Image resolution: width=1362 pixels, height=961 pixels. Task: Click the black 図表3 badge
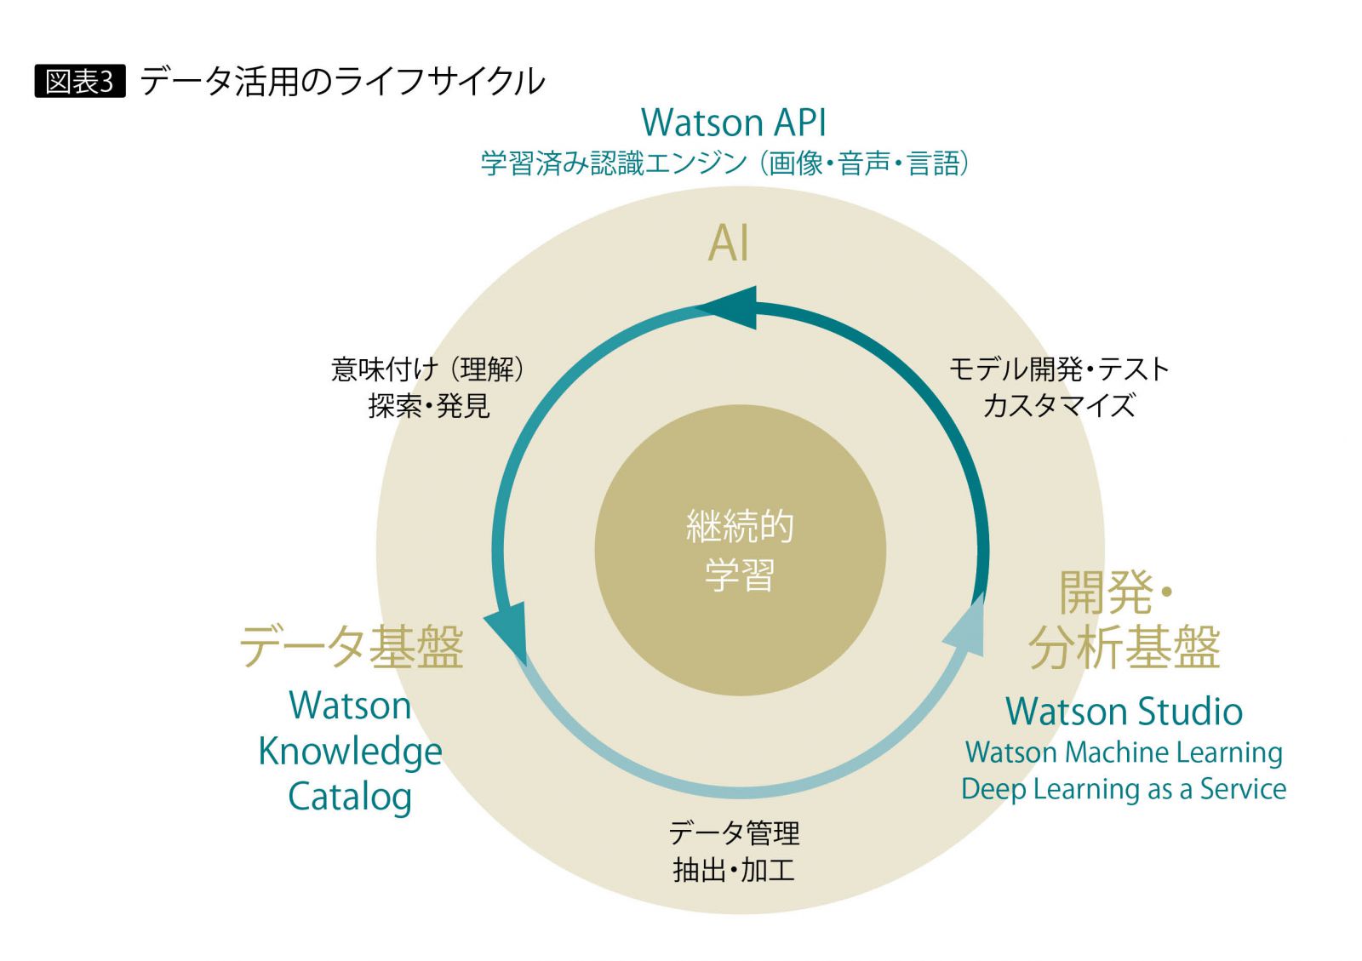point(79,82)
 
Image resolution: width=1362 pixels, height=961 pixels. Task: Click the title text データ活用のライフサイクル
point(342,82)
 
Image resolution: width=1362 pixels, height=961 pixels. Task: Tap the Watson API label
point(733,123)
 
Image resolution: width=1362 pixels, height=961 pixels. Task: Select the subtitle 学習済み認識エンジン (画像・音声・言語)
point(724,163)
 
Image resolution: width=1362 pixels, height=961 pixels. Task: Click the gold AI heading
point(729,243)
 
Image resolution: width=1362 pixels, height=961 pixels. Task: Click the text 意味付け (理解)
point(427,369)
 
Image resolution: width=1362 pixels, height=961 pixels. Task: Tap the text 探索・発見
point(428,406)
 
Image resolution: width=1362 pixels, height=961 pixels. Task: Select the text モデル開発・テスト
point(1059,369)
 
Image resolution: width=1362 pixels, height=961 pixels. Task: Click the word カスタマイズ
point(1059,406)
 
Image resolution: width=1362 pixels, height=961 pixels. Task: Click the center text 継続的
point(740,527)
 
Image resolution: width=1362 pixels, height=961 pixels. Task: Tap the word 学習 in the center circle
point(740,575)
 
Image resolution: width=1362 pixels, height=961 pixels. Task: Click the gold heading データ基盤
point(351,647)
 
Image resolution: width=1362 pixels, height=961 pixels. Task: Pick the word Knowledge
point(350,752)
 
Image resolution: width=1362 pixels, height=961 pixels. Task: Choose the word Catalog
point(350,798)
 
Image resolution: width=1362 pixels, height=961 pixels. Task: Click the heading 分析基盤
point(1124,647)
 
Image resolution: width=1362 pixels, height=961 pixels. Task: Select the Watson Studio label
point(1124,712)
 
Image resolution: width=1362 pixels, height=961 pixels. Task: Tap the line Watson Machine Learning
point(1124,752)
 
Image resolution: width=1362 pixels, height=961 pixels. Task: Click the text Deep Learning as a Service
point(1124,790)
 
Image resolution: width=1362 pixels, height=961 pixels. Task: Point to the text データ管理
point(734,832)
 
